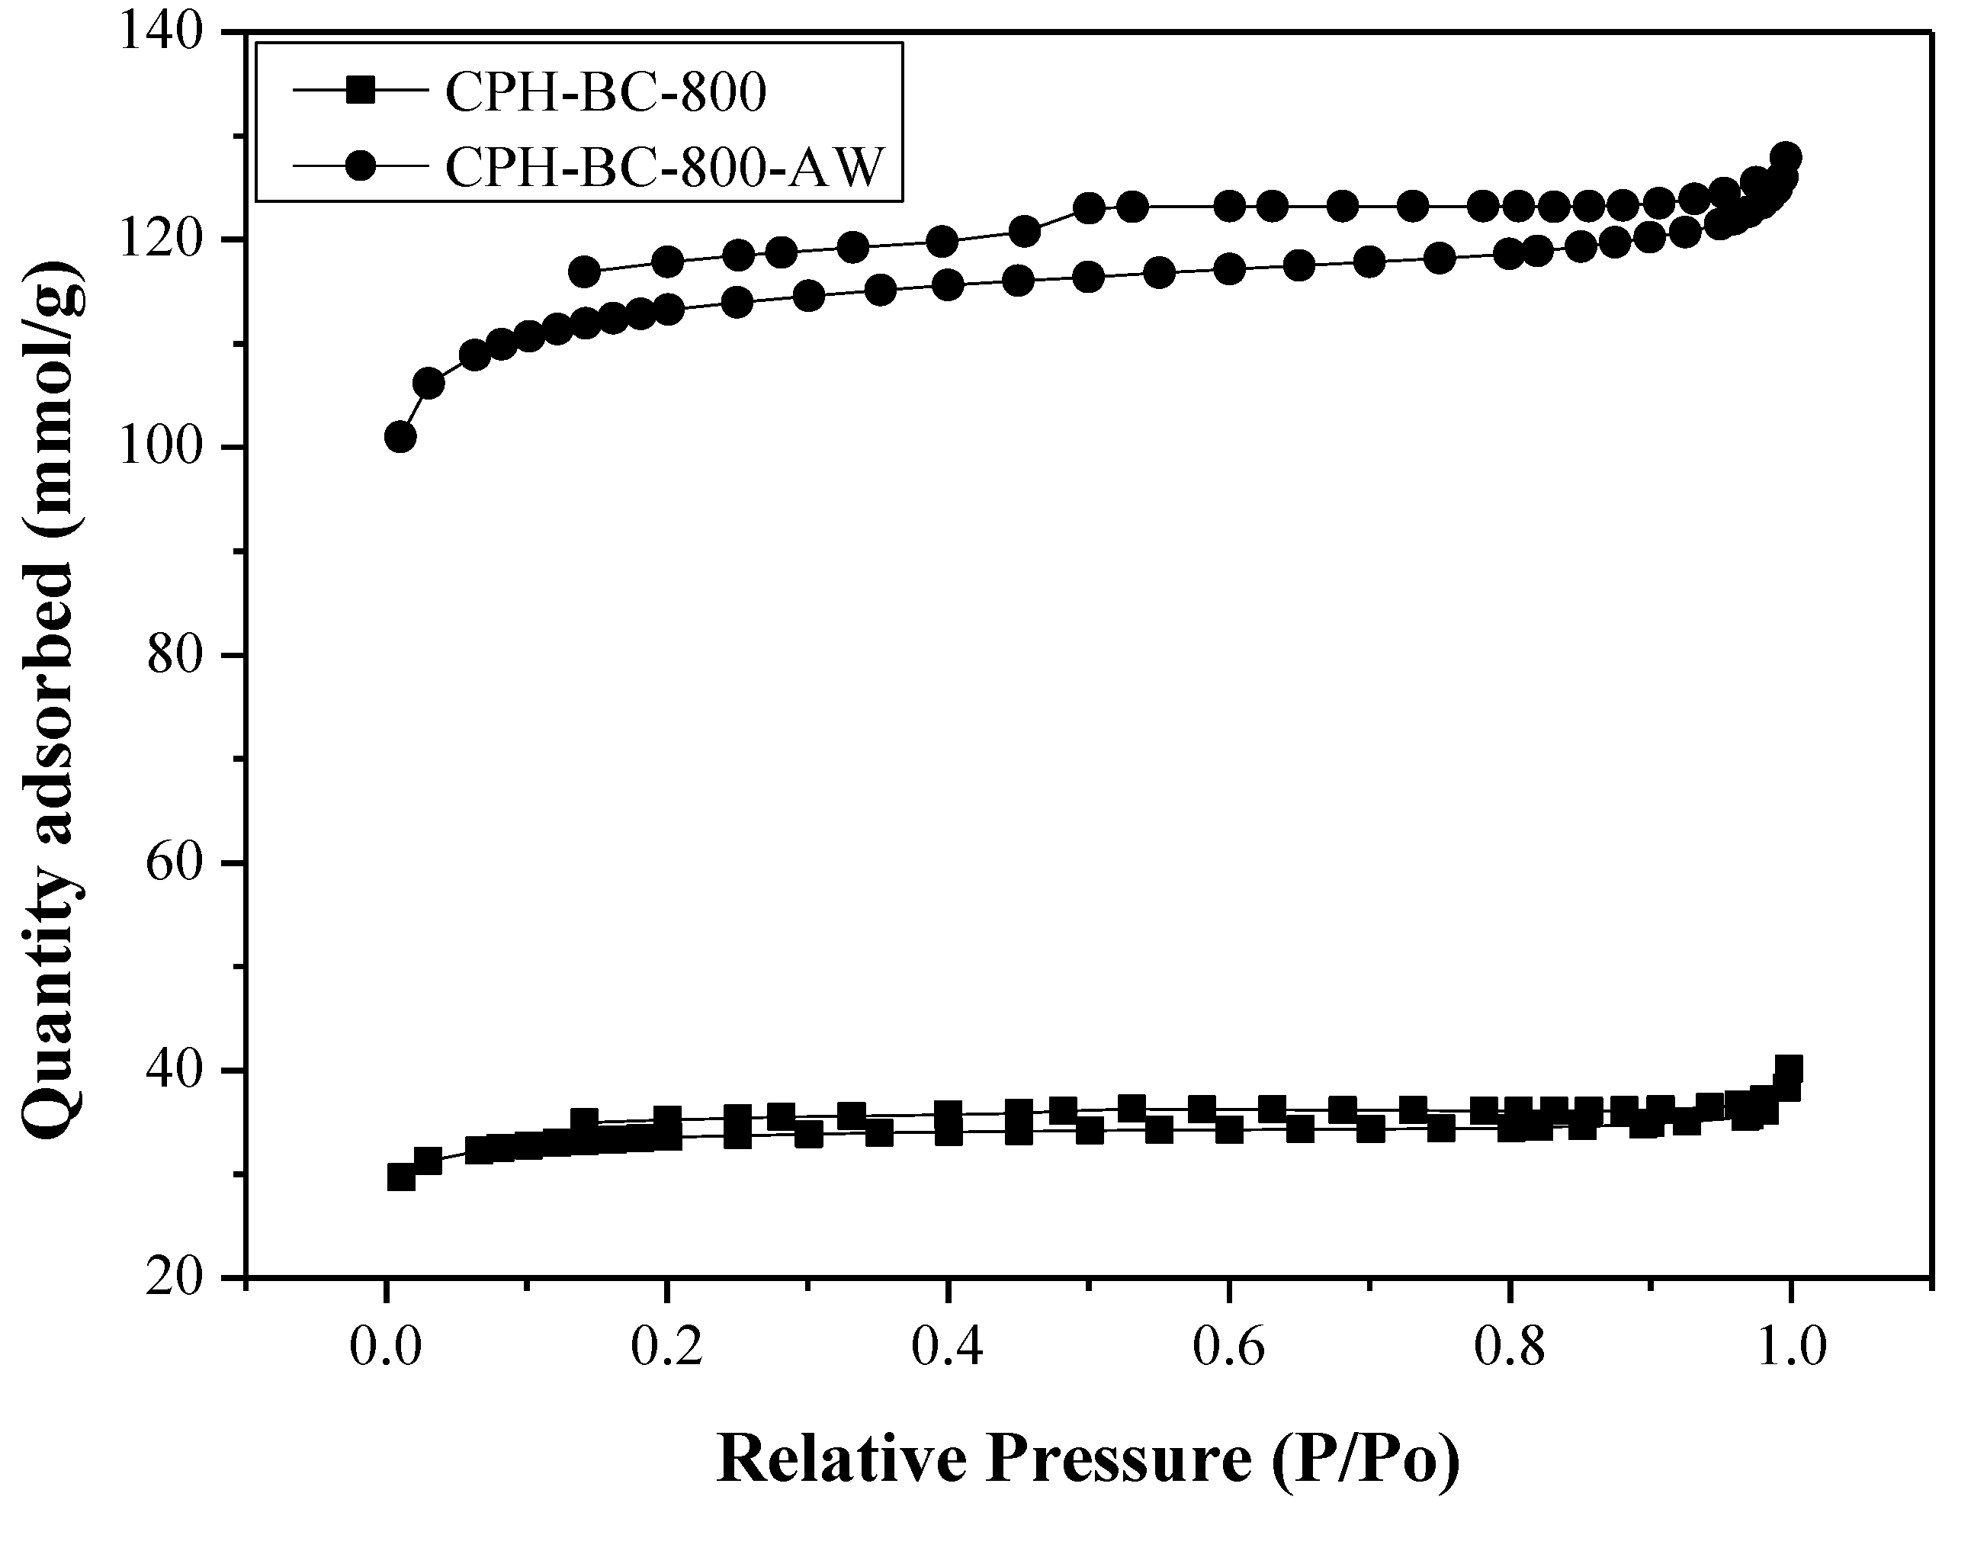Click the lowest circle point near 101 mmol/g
pos(400,438)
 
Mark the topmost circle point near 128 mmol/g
pos(1786,156)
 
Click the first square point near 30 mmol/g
pos(401,1178)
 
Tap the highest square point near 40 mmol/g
pos(1789,1068)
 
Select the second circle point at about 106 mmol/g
pos(429,384)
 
